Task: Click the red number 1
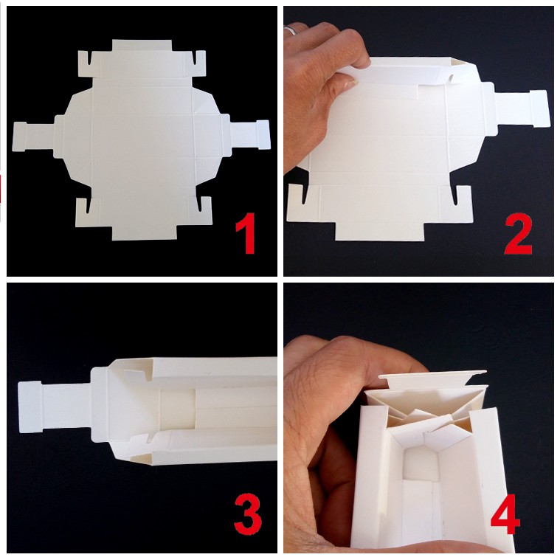246,233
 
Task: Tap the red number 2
518,234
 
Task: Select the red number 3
248,514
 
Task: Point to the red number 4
505,514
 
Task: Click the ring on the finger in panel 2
291,30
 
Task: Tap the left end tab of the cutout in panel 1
20,136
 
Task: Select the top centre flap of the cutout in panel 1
142,45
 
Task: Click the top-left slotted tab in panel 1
85,63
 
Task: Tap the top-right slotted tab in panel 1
199,63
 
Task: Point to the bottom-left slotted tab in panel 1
83,212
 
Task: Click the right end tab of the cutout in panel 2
539,108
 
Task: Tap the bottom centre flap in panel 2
380,232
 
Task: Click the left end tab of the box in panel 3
30,407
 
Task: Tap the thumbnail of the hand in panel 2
345,83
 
